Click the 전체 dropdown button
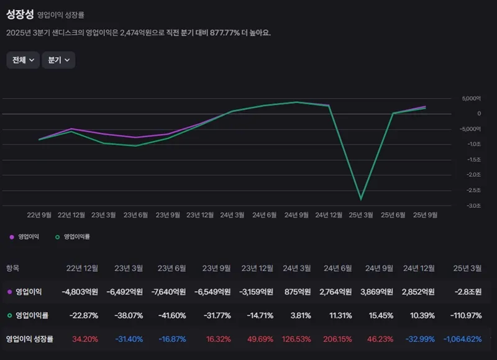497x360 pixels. [22, 60]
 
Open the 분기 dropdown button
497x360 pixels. [58, 60]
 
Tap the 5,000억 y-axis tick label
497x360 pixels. [472, 99]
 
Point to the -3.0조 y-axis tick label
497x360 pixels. [473, 206]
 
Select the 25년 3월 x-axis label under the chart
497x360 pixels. [361, 215]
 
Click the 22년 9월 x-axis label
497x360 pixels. [39, 215]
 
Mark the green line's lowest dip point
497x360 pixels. [361, 199]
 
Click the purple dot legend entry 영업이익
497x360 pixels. [25, 236]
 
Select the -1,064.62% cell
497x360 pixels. [463, 340]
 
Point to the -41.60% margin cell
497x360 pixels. [171, 315]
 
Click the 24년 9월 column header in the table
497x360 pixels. [378, 268]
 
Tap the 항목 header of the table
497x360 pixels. [13, 268]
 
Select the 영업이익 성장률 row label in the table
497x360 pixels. [30, 340]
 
